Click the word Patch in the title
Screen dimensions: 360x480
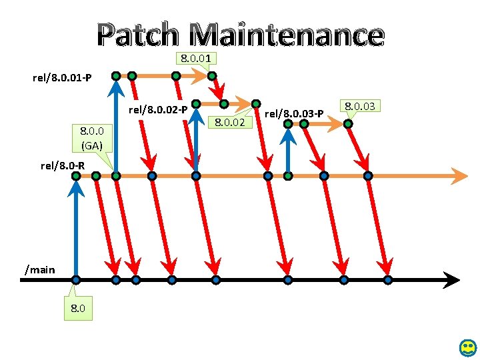point(137,35)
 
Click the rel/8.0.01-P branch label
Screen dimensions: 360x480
point(61,79)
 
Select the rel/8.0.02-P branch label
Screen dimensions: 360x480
point(157,107)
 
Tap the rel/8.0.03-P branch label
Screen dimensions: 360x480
point(294,113)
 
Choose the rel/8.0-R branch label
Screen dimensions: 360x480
point(63,165)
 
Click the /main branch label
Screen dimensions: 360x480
point(40,269)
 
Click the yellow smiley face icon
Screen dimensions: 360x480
point(467,347)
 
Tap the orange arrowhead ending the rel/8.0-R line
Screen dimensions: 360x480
point(460,176)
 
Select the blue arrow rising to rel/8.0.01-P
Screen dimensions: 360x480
point(116,127)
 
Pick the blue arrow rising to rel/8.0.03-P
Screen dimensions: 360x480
point(288,150)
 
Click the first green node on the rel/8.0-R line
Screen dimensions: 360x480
point(77,176)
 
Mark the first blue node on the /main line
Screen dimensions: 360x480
point(77,280)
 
